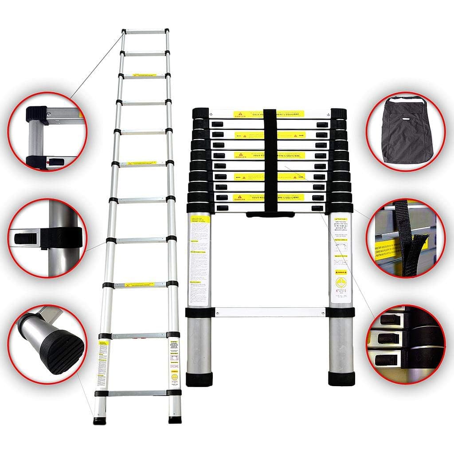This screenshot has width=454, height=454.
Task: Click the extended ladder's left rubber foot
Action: [x=100, y=419]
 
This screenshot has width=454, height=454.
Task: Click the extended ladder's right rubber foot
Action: [x=175, y=419]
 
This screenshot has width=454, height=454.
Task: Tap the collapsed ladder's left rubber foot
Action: [x=199, y=379]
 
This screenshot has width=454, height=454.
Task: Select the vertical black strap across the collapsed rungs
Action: [x=270, y=160]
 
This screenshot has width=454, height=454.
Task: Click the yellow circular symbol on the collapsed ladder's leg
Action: [x=340, y=282]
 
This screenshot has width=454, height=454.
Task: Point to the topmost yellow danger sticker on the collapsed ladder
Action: [x=270, y=114]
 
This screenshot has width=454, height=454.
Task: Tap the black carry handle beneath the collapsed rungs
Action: [x=270, y=215]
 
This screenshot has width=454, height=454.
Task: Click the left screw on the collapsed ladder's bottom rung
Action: [x=217, y=313]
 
